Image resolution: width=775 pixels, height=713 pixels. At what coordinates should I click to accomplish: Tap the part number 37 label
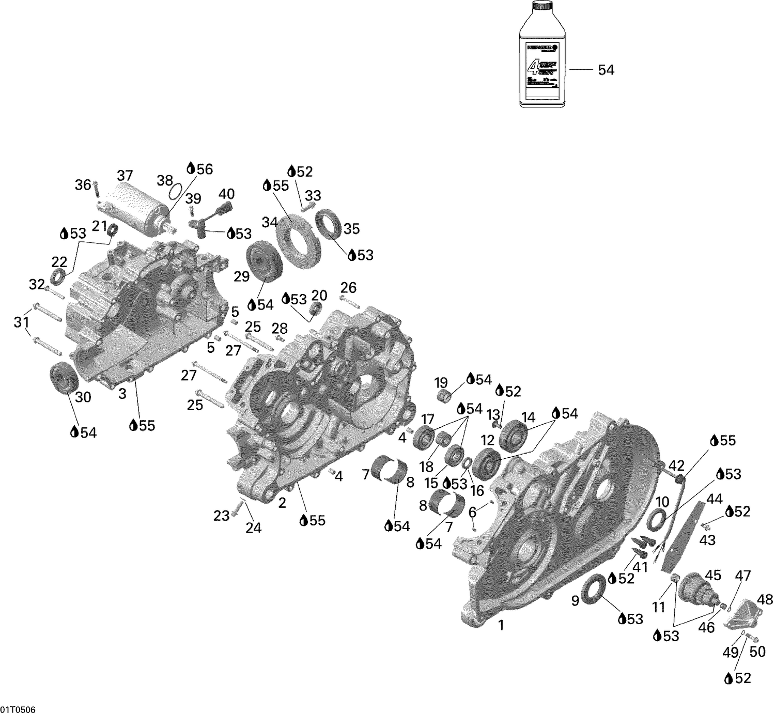click(125, 175)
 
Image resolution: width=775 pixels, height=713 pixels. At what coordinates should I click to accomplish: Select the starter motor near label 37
click(135, 205)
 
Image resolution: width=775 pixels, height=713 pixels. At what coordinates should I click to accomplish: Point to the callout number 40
click(226, 194)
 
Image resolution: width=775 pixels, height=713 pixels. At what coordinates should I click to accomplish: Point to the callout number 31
click(21, 322)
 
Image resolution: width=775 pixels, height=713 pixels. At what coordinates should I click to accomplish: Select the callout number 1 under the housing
click(500, 625)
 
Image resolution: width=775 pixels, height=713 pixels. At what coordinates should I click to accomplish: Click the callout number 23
click(221, 515)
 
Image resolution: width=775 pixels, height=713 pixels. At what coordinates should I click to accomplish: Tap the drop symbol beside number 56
click(191, 168)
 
